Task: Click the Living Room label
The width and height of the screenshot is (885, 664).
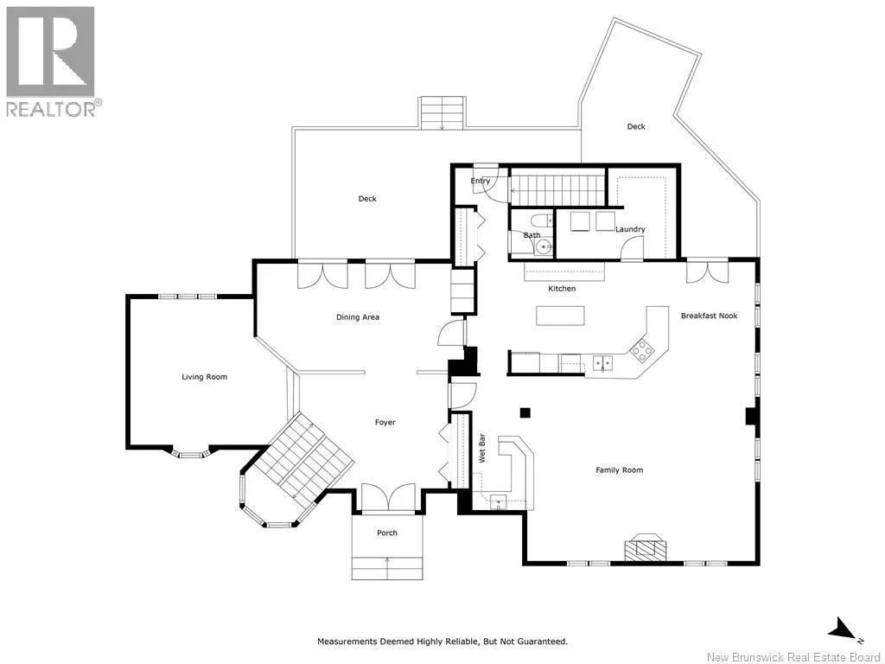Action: [204, 377]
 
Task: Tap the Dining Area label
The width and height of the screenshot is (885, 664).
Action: [358, 317]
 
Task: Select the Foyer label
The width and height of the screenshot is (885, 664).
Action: [385, 422]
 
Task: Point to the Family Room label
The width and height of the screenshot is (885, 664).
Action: [619, 469]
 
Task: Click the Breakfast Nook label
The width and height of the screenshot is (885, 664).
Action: [709, 316]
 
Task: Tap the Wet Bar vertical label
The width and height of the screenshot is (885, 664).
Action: [482, 449]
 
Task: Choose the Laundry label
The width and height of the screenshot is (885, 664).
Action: [630, 229]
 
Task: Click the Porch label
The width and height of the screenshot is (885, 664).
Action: [387, 533]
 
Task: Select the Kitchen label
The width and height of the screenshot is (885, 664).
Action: [562, 289]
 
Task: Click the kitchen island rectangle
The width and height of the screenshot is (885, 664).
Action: [560, 316]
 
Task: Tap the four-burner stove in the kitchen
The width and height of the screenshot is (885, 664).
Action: [642, 351]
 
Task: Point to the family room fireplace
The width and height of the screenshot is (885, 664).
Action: [645, 547]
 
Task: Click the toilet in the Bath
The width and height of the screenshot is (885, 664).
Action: [538, 220]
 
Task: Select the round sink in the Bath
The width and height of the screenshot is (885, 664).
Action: [544, 246]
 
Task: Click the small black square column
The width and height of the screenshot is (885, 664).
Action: [525, 412]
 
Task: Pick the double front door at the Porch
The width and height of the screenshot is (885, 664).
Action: [388, 498]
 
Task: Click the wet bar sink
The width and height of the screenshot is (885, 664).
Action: [499, 501]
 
